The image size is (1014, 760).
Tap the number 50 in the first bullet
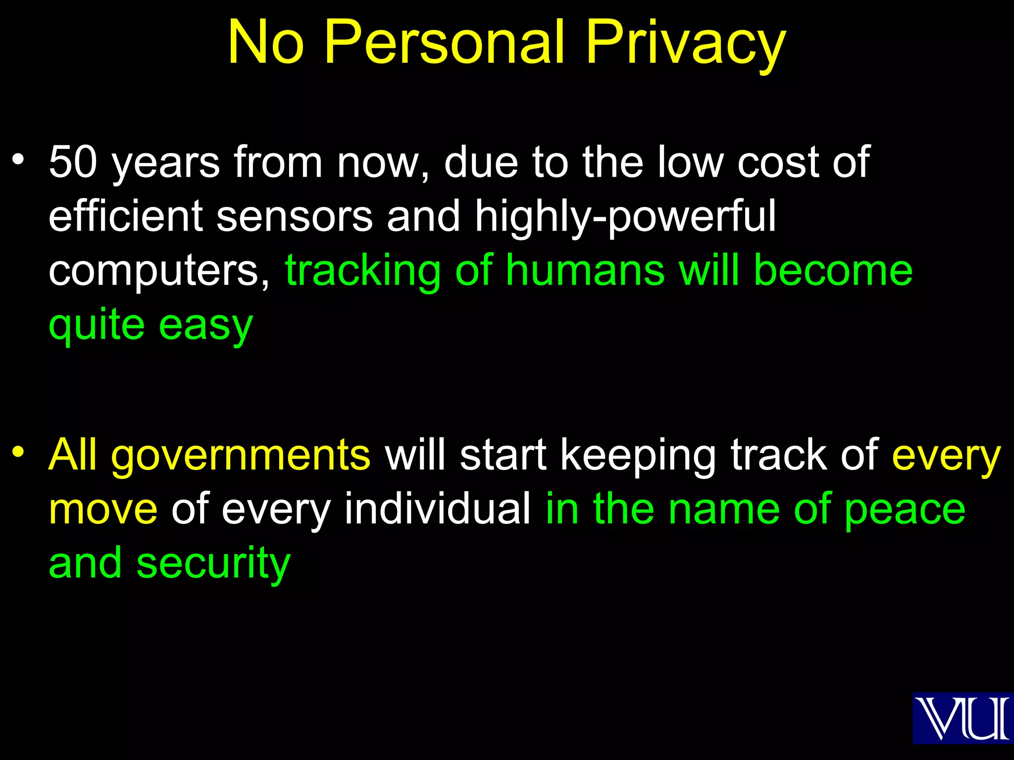(x=73, y=162)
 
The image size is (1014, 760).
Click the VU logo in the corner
(x=962, y=718)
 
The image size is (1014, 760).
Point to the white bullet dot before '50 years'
(x=18, y=159)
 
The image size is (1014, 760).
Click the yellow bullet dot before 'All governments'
(x=18, y=452)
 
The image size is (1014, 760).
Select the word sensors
(x=295, y=216)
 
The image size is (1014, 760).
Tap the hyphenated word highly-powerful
(x=625, y=216)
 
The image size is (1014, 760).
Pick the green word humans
(x=585, y=271)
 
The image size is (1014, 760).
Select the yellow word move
(x=103, y=509)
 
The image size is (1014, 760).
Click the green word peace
(x=905, y=509)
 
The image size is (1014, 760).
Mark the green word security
(x=213, y=563)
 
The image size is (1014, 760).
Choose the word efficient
(x=126, y=216)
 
